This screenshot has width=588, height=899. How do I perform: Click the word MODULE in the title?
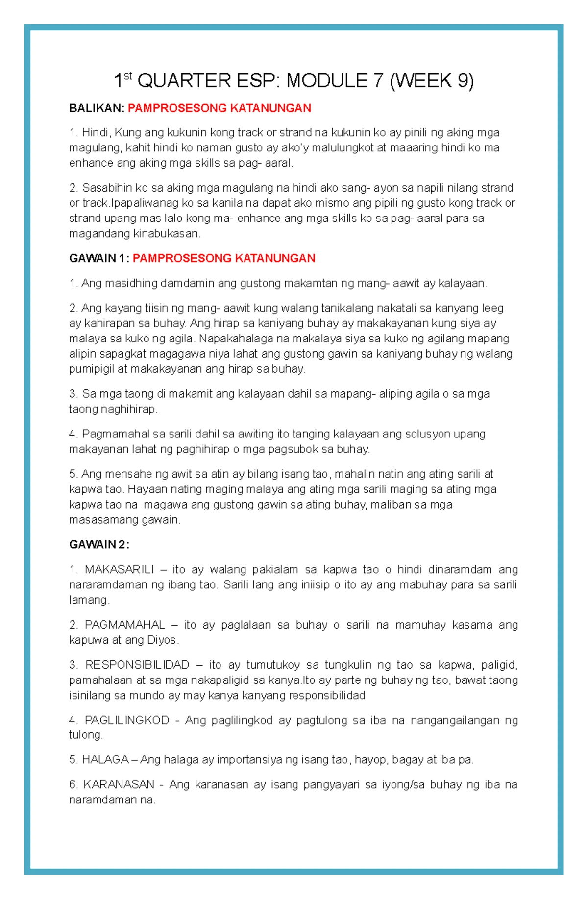[x=327, y=81]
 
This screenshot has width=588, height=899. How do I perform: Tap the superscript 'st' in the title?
[x=128, y=75]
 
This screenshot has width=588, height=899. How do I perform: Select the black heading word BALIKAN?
[x=96, y=108]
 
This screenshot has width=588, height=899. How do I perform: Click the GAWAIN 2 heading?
[x=99, y=544]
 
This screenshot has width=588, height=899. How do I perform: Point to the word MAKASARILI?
[x=119, y=569]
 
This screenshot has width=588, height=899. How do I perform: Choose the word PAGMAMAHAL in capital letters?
[x=124, y=625]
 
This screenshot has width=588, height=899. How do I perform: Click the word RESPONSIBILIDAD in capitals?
[x=137, y=665]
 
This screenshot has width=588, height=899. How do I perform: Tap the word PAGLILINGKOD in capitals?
[x=127, y=720]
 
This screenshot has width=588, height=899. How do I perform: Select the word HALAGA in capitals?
[x=105, y=760]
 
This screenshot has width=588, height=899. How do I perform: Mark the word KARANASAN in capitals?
[x=119, y=785]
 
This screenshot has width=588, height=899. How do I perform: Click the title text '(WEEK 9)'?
[x=431, y=81]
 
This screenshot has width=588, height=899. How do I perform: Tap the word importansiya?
[x=249, y=760]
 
